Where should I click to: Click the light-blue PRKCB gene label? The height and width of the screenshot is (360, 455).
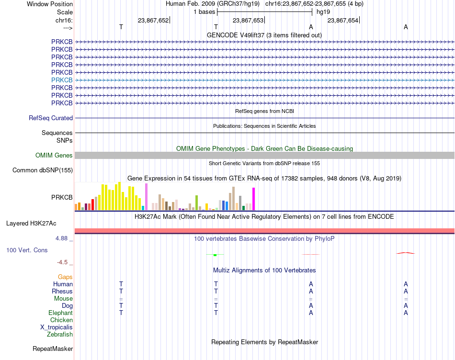(62, 80)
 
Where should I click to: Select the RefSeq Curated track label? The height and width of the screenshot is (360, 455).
(51, 118)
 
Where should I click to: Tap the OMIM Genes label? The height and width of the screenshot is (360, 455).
(54, 155)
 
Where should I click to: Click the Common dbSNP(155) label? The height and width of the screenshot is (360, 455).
(43, 170)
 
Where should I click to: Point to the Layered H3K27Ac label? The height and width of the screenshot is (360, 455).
(31, 224)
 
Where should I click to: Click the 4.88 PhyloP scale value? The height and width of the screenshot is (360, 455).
(61, 238)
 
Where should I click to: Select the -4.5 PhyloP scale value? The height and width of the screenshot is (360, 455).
(62, 262)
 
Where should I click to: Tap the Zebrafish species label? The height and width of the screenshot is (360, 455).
(60, 335)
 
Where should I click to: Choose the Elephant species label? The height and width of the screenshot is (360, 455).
(61, 313)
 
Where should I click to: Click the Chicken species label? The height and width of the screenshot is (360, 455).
(61, 320)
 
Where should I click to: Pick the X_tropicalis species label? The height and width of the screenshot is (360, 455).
(57, 327)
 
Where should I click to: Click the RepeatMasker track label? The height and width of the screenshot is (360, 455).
(53, 349)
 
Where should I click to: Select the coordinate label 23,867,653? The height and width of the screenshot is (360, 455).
(248, 20)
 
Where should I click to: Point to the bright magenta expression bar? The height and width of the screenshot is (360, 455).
(254, 199)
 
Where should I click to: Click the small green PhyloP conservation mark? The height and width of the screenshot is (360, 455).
(215, 255)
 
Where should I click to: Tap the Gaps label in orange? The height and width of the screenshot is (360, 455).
(65, 277)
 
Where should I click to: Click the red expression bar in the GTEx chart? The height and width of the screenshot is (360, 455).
(92, 204)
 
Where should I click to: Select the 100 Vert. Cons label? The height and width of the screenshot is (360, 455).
(27, 250)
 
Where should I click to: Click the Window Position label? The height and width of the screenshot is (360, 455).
(50, 4)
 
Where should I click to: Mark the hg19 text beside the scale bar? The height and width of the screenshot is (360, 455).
(323, 12)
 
